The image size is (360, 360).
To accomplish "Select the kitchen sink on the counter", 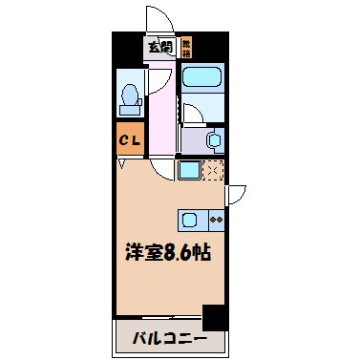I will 190,218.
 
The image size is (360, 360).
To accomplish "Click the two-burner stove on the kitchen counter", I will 216,219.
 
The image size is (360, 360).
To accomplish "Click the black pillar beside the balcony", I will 215,315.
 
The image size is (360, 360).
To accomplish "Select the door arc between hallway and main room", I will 162,170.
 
